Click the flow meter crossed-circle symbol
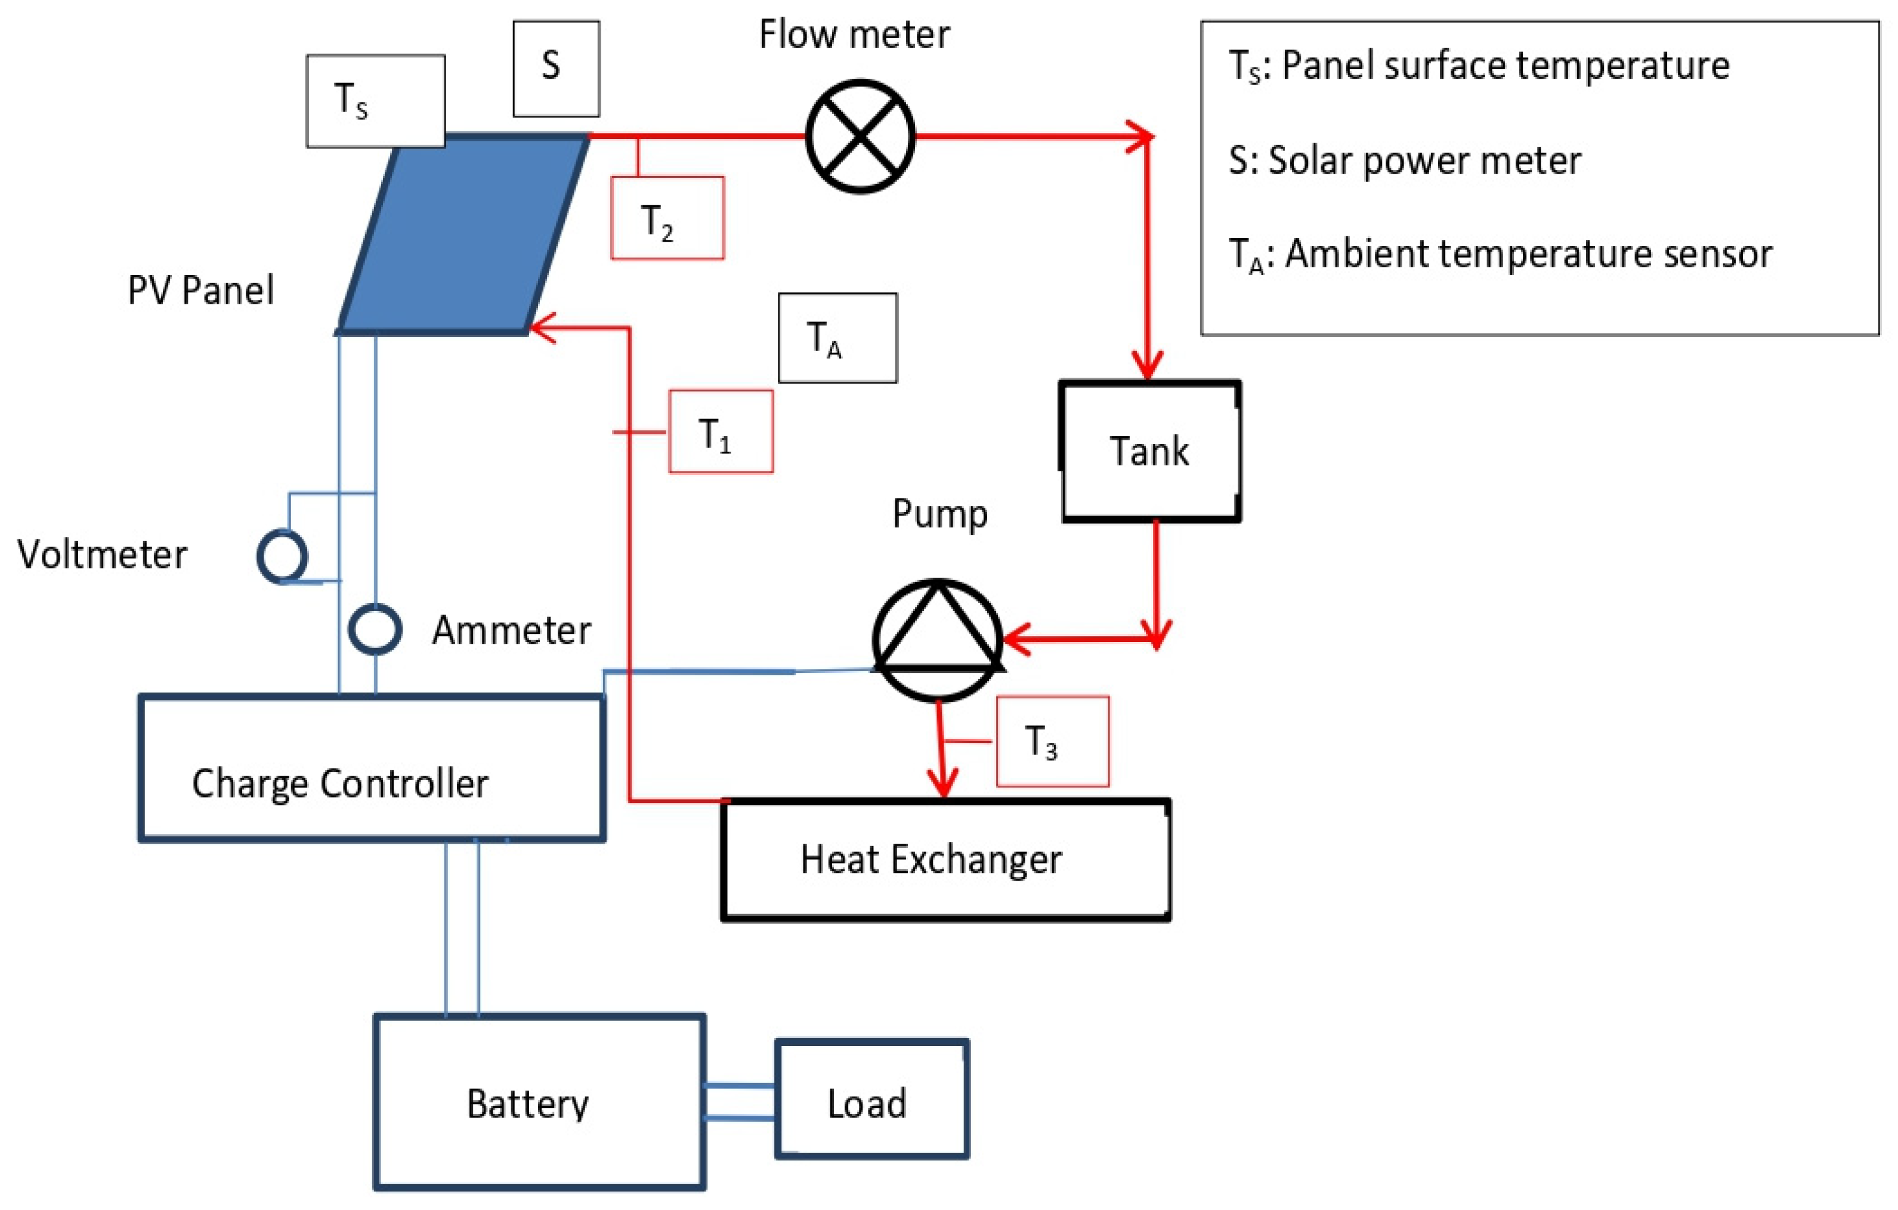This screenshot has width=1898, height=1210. tap(860, 137)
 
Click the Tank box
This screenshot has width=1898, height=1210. tap(1150, 452)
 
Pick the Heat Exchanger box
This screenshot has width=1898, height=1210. tap(945, 860)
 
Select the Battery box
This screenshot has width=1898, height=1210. tap(539, 1101)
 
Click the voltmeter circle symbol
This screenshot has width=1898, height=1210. tap(282, 557)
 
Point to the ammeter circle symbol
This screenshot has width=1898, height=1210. tap(375, 629)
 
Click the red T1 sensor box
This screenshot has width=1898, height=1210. tap(721, 432)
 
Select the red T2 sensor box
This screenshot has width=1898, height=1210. tap(667, 218)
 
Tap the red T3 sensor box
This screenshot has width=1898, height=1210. tap(1052, 742)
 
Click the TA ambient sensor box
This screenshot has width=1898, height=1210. tap(837, 338)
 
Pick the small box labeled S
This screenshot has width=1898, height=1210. tap(556, 69)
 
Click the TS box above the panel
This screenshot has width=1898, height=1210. tap(375, 101)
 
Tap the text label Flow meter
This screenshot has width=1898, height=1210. tap(854, 35)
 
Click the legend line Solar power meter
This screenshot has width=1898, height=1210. tap(1405, 161)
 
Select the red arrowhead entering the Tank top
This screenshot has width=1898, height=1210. tap(1148, 366)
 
